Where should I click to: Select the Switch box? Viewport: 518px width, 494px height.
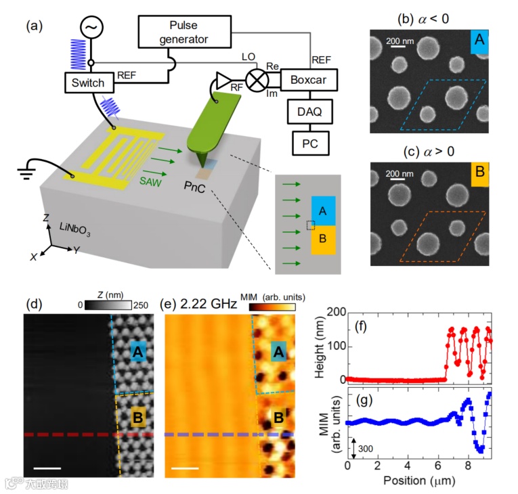pyautogui.click(x=87, y=83)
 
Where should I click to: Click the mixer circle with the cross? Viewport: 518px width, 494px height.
pyautogui.click(x=257, y=81)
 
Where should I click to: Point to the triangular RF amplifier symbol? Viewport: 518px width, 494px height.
pyautogui.click(x=223, y=81)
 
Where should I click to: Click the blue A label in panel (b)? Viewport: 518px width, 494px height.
pyautogui.click(x=479, y=41)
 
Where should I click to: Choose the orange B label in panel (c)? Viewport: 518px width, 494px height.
pyautogui.click(x=479, y=173)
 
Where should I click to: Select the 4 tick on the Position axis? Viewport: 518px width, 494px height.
pyautogui.click(x=408, y=466)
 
